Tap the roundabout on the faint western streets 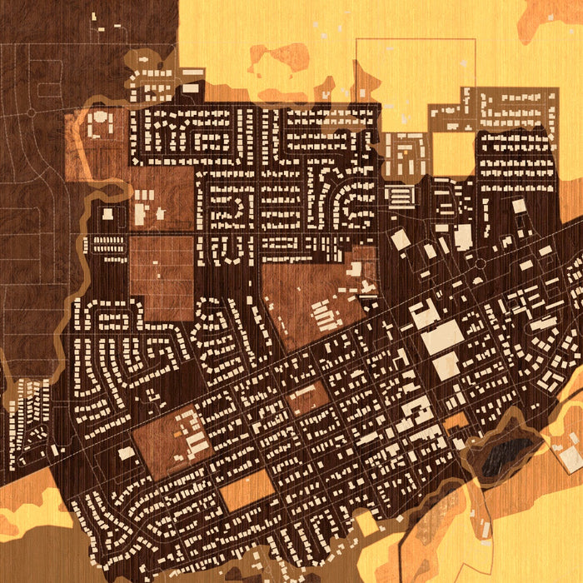tap(31, 111)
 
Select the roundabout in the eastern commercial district tap(480, 263)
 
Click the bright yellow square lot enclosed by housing tap(453, 153)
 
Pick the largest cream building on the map tap(442, 336)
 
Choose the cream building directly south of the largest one tap(446, 365)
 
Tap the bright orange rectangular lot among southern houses tap(247, 490)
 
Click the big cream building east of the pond tap(571, 458)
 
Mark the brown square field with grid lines tap(162, 277)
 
